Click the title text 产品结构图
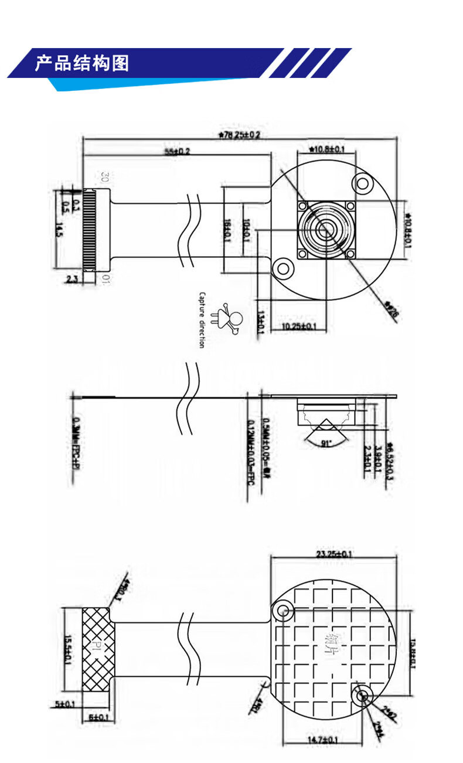click(82, 63)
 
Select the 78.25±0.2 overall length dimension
click(239, 135)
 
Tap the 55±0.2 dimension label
click(177, 152)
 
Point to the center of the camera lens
click(326, 230)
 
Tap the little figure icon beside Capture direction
click(230, 320)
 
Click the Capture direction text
click(202, 320)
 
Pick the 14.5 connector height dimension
click(58, 230)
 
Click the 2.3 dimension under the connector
click(72, 280)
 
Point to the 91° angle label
click(326, 444)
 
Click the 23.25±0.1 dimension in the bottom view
click(334, 554)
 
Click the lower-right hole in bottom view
click(362, 696)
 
